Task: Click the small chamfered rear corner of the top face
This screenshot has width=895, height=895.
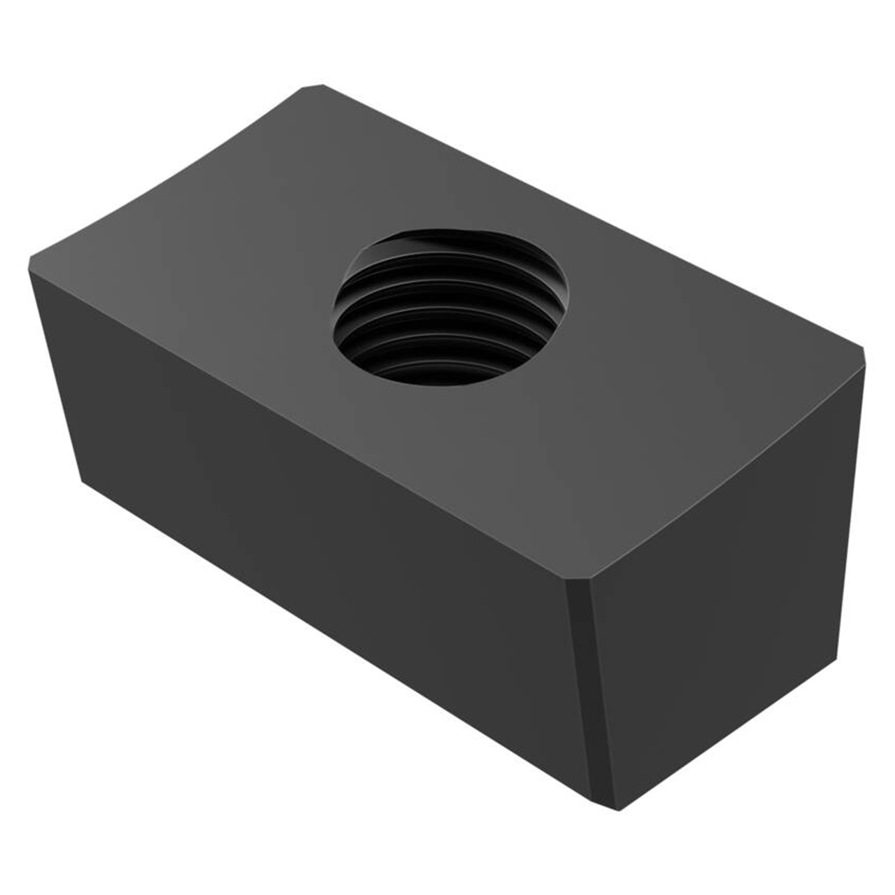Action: [x=313, y=87]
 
